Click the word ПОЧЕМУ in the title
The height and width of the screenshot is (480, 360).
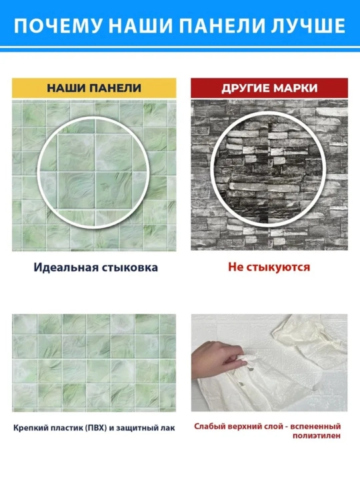point(57,26)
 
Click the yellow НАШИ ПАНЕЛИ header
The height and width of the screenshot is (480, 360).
point(94,88)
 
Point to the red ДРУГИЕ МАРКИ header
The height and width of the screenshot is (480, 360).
point(269,88)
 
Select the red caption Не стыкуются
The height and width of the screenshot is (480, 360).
point(269,267)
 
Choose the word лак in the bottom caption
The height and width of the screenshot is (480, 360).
point(169,427)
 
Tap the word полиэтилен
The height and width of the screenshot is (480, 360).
point(316,435)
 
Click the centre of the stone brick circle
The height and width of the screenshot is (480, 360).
point(269,173)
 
